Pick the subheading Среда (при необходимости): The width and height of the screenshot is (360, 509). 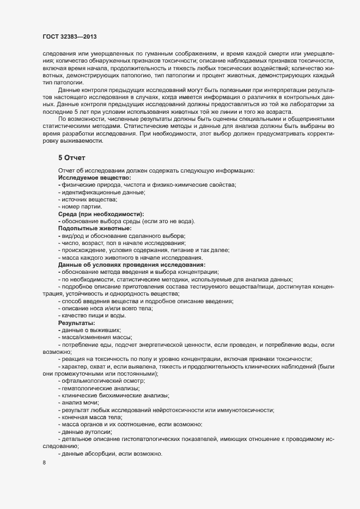click(x=101, y=213)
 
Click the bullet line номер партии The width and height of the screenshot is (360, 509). click(x=81, y=206)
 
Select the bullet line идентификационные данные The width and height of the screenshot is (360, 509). click(x=102, y=192)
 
